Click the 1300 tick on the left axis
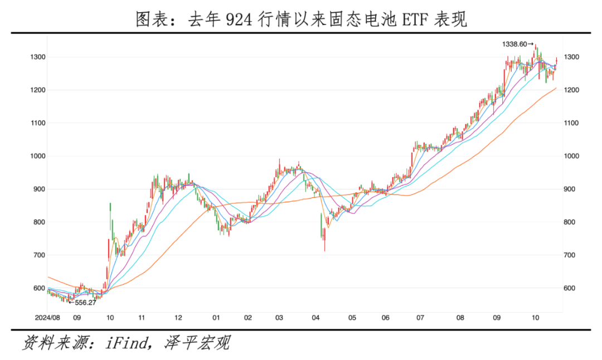tap(38, 57)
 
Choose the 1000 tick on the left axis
tap(38, 156)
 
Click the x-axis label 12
tap(178, 318)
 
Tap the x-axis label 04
tap(316, 318)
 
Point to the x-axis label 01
tap(215, 318)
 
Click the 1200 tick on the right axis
tap(574, 90)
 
